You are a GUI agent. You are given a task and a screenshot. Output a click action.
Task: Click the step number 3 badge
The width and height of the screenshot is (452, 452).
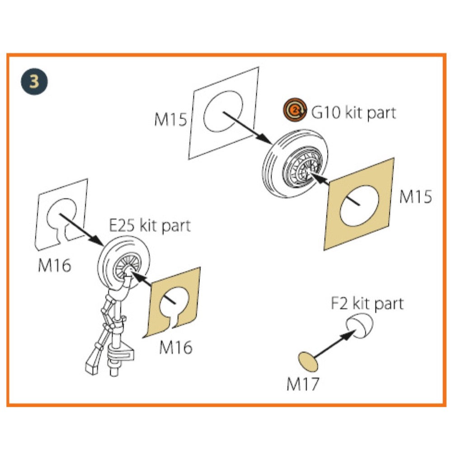click(34, 82)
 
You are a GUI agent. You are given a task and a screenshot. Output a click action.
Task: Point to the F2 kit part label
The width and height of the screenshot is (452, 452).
click(366, 303)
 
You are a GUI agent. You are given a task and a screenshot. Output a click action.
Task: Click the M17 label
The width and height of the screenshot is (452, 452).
click(302, 384)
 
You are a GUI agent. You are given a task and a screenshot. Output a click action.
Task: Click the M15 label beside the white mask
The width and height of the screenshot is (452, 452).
click(171, 120)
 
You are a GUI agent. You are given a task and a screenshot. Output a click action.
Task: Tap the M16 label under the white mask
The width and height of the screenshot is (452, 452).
click(55, 265)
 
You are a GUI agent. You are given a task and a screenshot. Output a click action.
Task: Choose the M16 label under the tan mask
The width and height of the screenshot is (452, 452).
click(175, 347)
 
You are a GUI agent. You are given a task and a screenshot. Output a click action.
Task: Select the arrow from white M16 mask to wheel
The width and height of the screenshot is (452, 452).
click(81, 230)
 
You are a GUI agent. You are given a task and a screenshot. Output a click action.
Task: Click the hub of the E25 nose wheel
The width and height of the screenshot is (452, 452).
click(127, 270)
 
